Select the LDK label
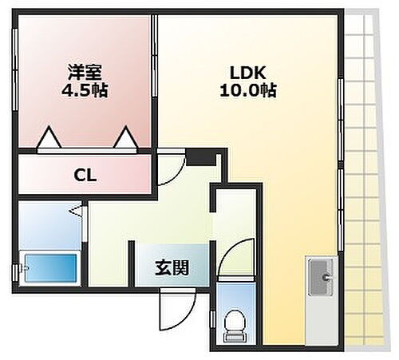(x=247, y=71)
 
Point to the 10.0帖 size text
(x=247, y=90)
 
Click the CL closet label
(x=85, y=175)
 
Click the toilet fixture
(x=234, y=322)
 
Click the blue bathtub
(x=49, y=267)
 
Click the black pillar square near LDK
(x=201, y=158)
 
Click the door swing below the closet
(x=169, y=168)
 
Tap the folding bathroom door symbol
(x=77, y=212)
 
